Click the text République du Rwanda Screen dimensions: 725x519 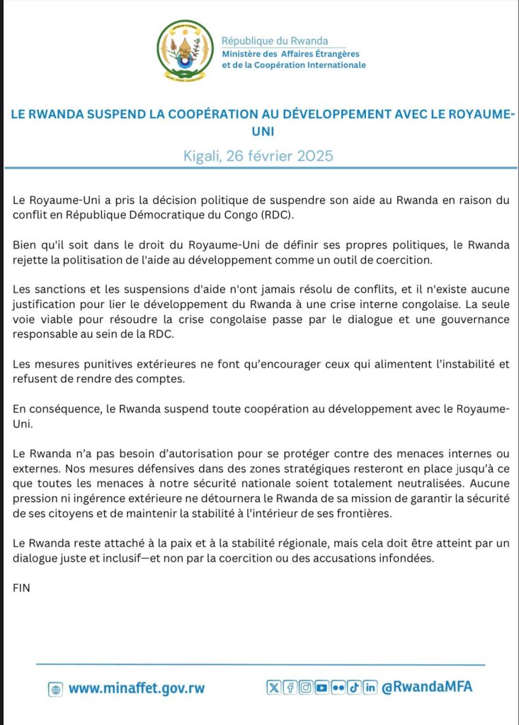(274, 41)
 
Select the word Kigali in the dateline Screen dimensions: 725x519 (205, 155)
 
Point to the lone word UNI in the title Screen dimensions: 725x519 (259, 131)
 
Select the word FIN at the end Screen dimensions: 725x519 (22, 588)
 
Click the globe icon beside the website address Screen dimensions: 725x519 (56, 688)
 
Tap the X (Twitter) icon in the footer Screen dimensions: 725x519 (273, 687)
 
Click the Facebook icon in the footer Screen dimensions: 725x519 (289, 687)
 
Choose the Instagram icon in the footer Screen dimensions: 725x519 (305, 687)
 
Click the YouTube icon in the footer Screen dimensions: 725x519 (321, 687)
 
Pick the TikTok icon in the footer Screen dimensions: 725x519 (353, 687)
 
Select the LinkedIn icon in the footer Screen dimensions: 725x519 (369, 687)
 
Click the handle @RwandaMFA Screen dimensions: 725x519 (427, 687)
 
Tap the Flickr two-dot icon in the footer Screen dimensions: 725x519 (338, 687)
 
